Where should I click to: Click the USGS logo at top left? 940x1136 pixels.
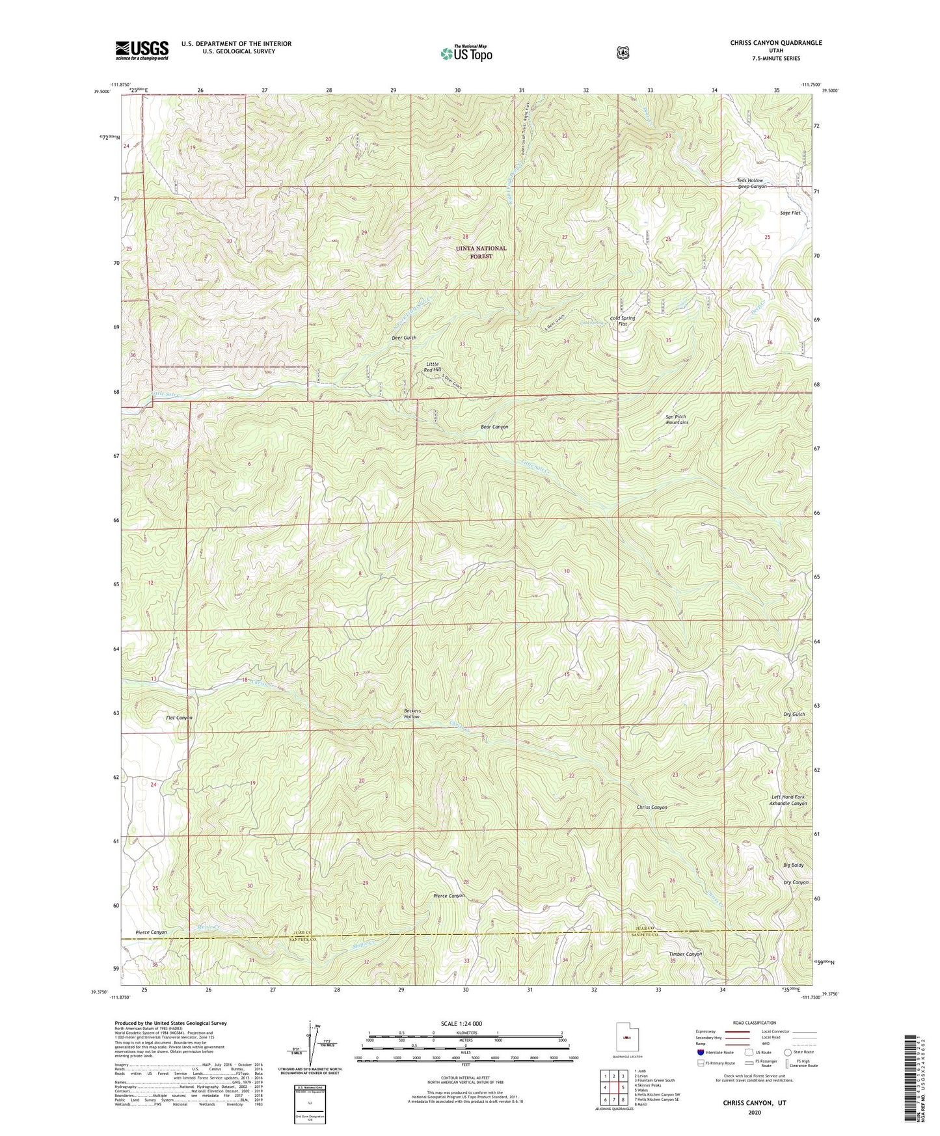[x=142, y=49]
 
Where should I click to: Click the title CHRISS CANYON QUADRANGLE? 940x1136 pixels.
[x=766, y=43]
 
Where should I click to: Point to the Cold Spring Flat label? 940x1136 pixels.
[x=623, y=321]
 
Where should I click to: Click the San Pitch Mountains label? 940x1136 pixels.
[x=677, y=419]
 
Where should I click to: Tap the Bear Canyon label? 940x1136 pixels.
[x=494, y=427]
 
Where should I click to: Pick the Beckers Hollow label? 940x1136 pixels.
[x=412, y=713]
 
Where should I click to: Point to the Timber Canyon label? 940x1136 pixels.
[x=686, y=954]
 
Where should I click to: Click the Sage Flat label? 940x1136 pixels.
[x=790, y=213]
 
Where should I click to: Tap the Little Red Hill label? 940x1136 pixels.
[x=433, y=367]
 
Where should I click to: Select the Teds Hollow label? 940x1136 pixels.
[x=750, y=180]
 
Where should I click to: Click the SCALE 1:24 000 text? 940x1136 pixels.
[x=461, y=1023]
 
